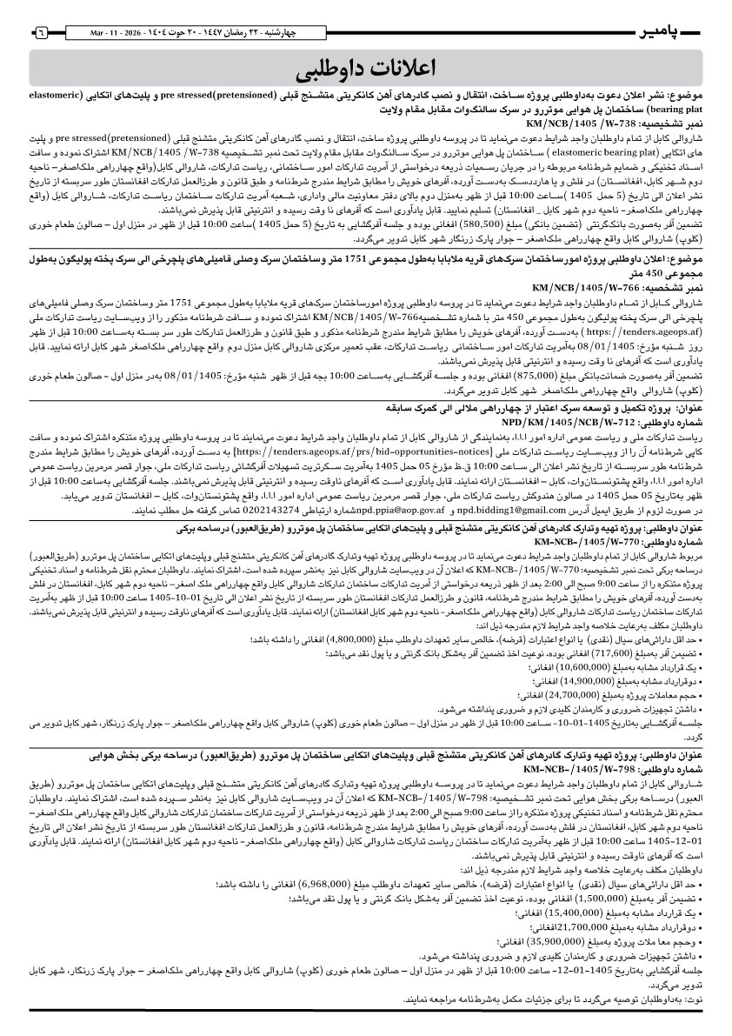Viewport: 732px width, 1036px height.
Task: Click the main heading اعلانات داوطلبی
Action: [x=366, y=68]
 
